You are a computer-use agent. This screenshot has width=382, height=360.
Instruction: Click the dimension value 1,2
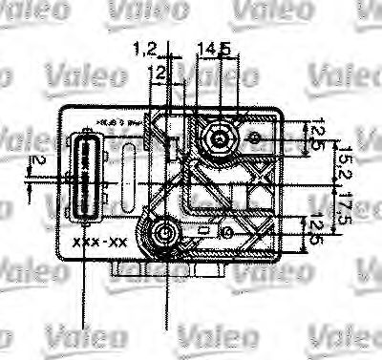point(145,47)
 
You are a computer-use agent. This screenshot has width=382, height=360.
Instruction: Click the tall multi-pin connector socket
point(85,180)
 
